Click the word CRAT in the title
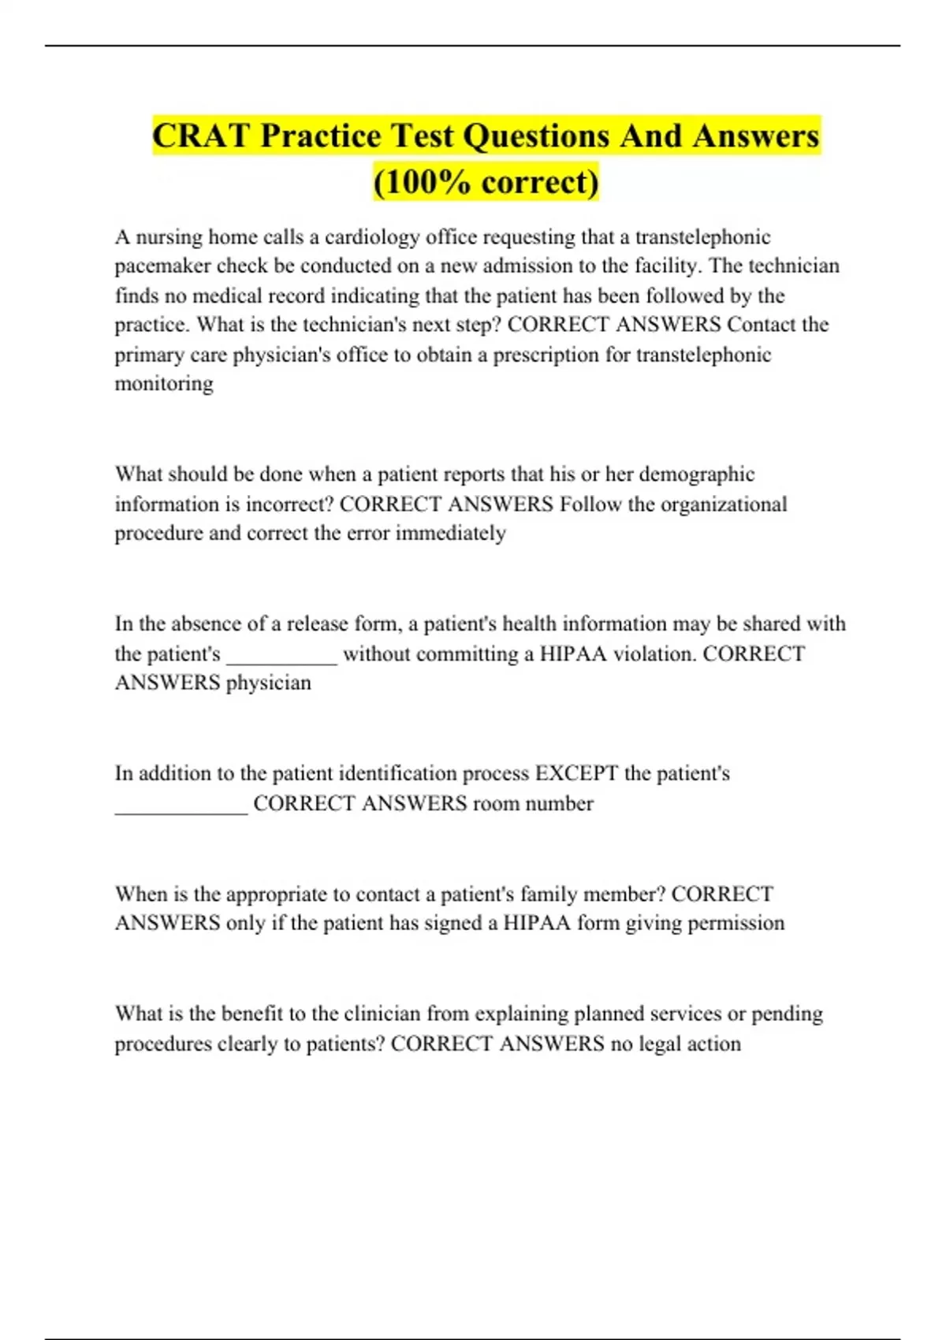tap(201, 136)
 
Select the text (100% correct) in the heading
tap(486, 182)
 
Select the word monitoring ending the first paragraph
tap(164, 384)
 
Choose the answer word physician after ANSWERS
tap(269, 683)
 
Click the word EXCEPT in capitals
tap(576, 773)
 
